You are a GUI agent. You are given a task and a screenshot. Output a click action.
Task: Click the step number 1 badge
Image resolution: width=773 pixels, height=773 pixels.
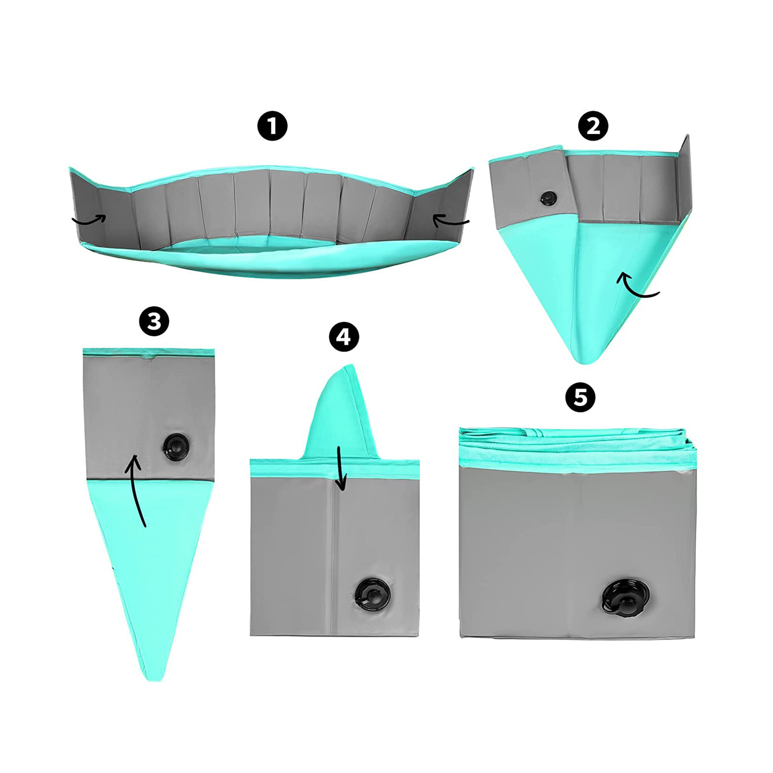[x=272, y=126]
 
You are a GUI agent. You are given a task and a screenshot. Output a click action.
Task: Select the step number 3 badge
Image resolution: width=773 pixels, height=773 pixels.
[x=154, y=321]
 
